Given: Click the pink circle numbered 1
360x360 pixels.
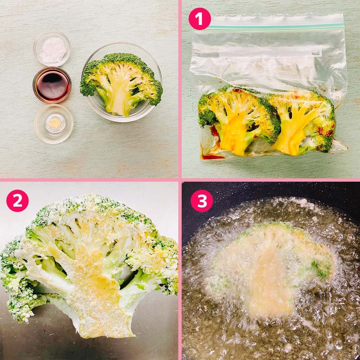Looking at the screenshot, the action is point(200,19).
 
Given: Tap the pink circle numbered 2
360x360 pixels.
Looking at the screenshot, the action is point(17,201).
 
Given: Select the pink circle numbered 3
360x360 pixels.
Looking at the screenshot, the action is point(202,201).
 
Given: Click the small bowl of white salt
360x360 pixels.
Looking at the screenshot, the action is point(52,48).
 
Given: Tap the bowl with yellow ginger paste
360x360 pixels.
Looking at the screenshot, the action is point(54,124).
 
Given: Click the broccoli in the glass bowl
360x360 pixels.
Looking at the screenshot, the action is point(121,84).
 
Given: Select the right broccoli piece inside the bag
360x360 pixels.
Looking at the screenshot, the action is point(303,122).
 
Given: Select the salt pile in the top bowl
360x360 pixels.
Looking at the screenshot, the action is point(52,50).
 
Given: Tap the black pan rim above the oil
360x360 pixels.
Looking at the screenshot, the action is point(271,191).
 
